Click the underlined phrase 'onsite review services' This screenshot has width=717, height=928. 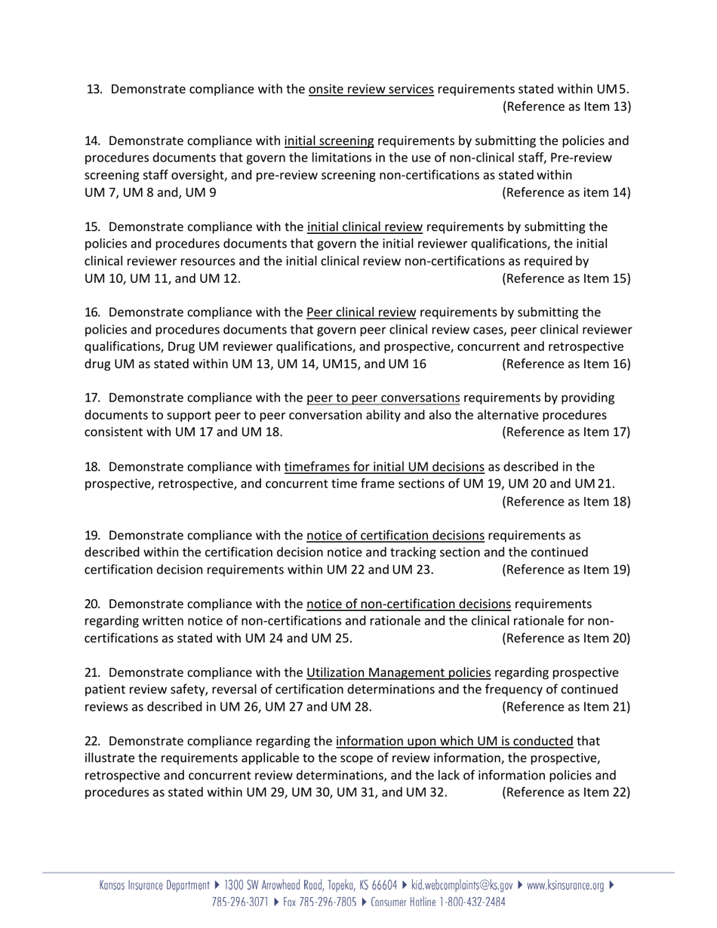click(x=371, y=90)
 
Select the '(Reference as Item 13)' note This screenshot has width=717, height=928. click(x=566, y=106)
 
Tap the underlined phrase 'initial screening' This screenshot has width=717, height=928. click(x=328, y=141)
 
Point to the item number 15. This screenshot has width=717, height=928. click(x=92, y=227)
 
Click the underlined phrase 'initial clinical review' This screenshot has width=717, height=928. click(x=365, y=227)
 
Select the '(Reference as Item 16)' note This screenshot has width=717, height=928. click(x=566, y=364)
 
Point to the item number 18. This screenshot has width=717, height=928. click(x=92, y=466)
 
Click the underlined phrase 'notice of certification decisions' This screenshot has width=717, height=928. click(x=395, y=536)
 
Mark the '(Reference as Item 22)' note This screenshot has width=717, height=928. click(x=566, y=792)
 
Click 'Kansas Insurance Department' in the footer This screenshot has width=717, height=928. click(x=155, y=886)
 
